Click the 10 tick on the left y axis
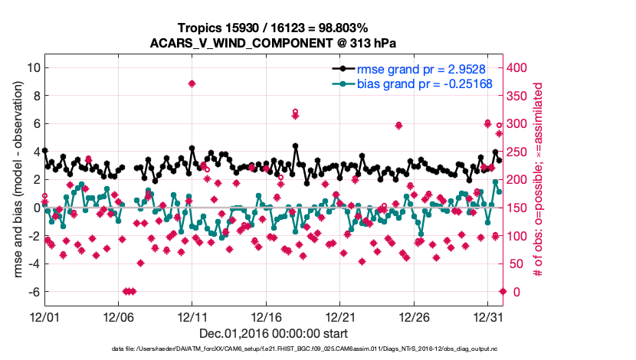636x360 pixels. (x=33, y=67)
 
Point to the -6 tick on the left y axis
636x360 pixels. (x=34, y=292)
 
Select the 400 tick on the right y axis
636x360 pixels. (x=518, y=67)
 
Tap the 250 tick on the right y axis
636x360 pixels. (x=518, y=152)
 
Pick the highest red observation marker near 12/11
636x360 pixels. (x=192, y=83)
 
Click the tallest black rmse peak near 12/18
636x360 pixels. (x=296, y=146)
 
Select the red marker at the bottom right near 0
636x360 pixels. (x=503, y=291)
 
